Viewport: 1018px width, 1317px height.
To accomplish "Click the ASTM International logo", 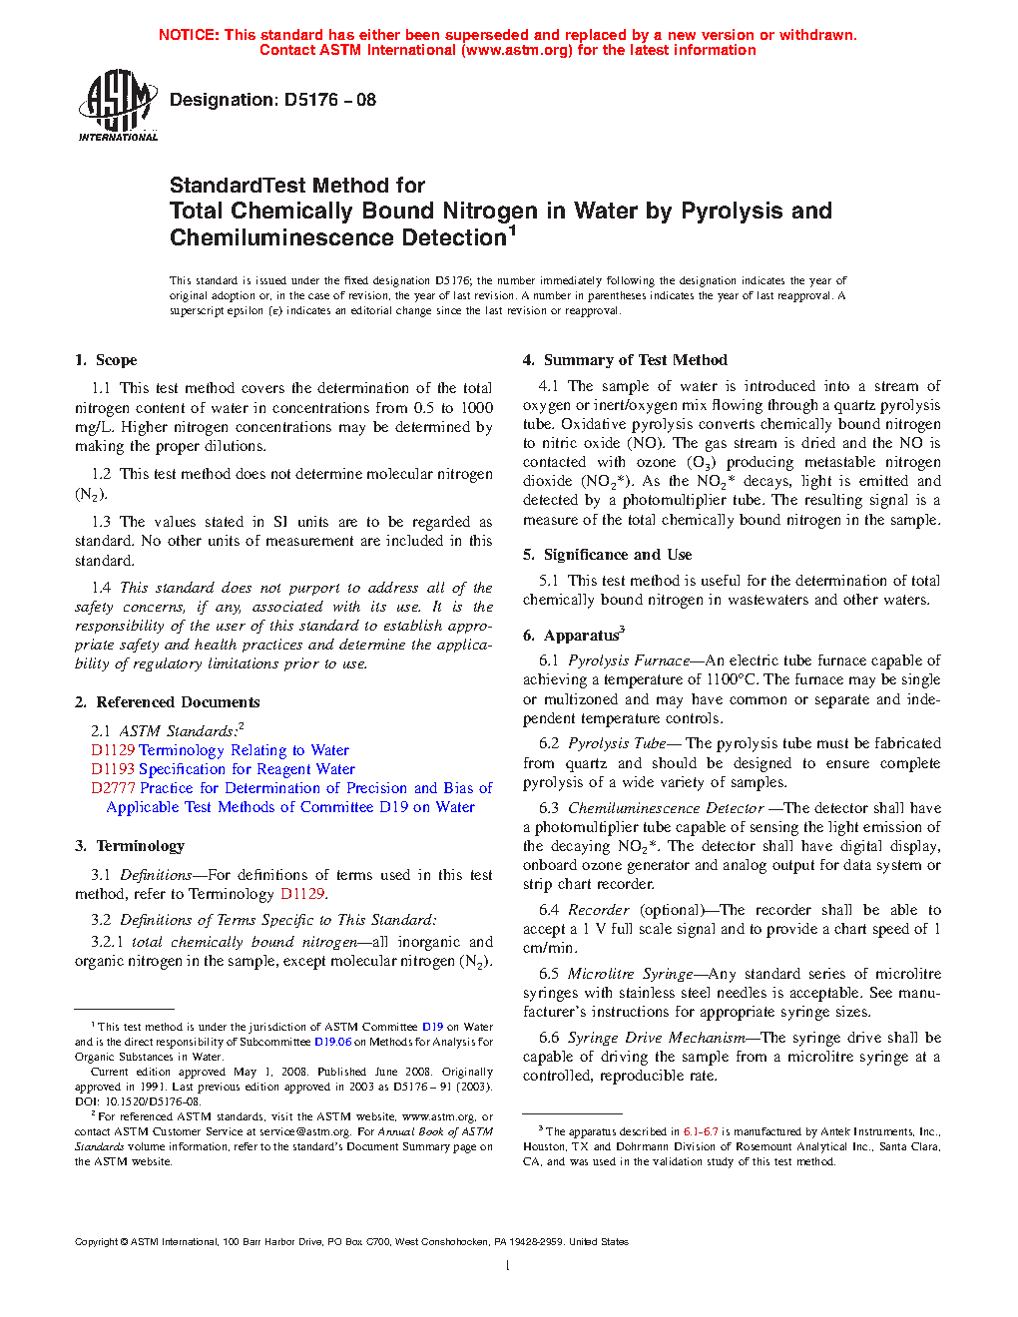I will coord(118,105).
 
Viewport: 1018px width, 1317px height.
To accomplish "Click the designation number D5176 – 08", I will coord(329,100).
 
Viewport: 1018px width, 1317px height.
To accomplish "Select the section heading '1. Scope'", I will coord(106,360).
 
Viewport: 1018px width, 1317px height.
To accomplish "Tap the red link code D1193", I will coord(113,769).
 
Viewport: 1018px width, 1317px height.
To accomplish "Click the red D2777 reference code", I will coord(113,788).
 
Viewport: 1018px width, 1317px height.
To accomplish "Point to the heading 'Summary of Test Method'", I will coord(635,360).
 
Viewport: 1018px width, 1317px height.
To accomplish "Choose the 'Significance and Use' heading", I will coord(617,555).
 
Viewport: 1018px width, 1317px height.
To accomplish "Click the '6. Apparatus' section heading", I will coord(581,636).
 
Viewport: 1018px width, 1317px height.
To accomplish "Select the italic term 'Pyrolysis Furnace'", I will coord(629,660).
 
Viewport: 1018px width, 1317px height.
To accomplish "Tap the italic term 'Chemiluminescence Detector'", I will coord(666,808).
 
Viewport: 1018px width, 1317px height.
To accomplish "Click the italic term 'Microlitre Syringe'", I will coord(630,974).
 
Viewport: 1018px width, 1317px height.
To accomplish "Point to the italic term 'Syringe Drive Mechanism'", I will coord(656,1038).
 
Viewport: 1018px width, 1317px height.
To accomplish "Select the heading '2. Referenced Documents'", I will coord(167,702).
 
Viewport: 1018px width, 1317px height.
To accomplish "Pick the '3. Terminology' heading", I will coord(130,846).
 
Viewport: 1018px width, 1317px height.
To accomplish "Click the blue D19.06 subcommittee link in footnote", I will coord(332,1042).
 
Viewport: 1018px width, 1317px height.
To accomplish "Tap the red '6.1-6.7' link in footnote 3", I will coord(701,1131).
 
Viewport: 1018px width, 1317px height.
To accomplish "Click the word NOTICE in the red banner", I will coord(189,35).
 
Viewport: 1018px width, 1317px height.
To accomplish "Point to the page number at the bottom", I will coord(508,1266).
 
